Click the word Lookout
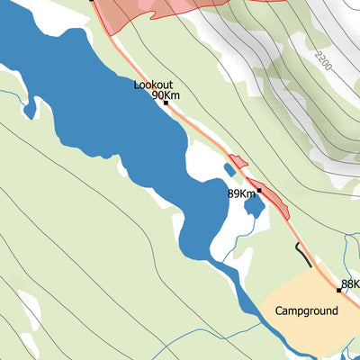coord(153,85)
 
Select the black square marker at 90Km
coord(166,103)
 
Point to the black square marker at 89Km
coord(258,191)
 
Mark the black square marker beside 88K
coord(339,291)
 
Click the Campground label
coord(307,311)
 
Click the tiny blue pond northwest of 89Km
coord(229,170)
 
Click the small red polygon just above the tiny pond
coord(238,162)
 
